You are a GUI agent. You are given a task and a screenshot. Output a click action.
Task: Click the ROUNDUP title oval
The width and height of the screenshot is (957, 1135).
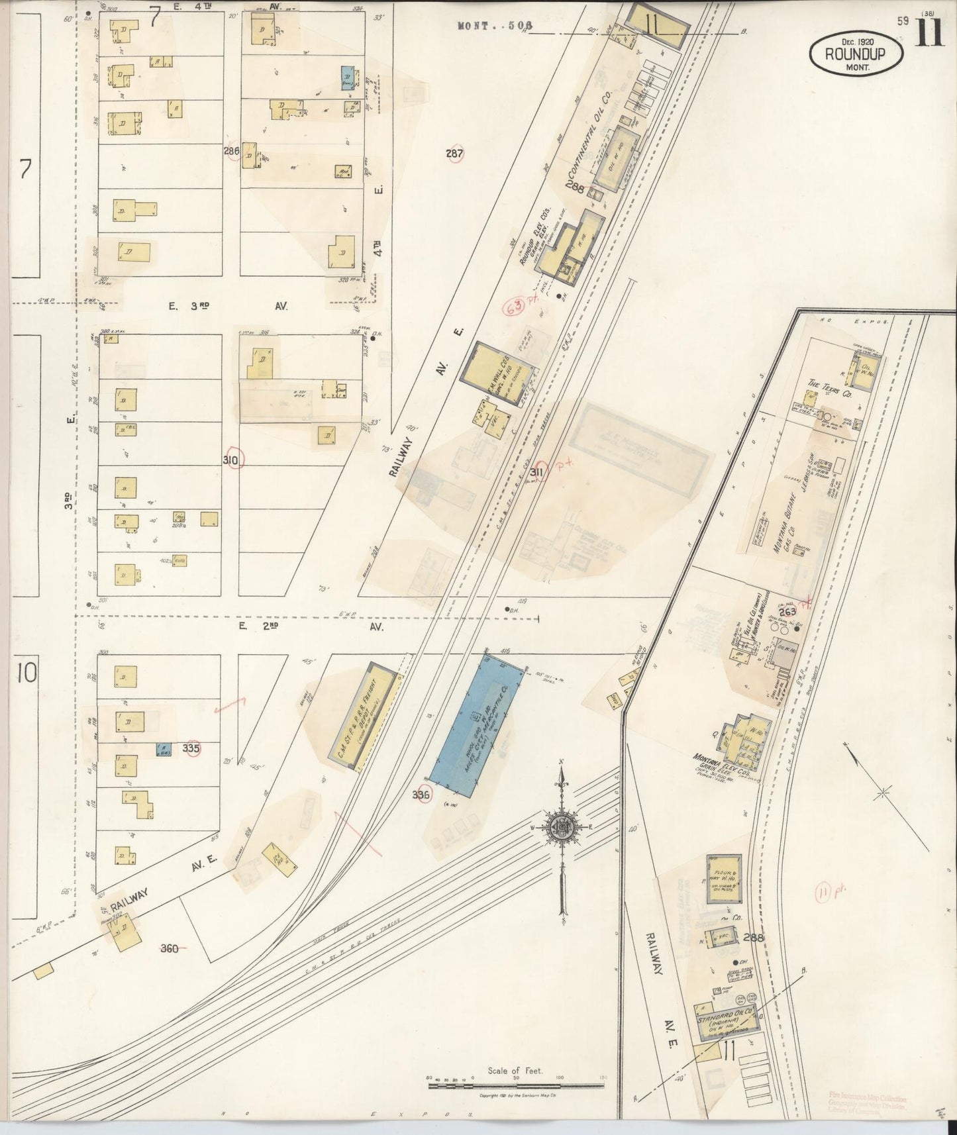click(x=855, y=52)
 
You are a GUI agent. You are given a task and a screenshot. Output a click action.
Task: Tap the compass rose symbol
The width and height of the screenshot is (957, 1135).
click(x=562, y=828)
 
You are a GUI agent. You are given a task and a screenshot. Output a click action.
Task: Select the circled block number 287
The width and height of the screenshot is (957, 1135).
click(x=454, y=154)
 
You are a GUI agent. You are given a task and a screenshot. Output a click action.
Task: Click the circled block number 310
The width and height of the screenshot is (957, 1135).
click(x=233, y=459)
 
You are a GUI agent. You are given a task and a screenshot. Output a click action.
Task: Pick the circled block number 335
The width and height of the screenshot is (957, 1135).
click(x=191, y=748)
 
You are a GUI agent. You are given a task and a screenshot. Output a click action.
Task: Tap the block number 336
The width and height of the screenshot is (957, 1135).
click(x=421, y=795)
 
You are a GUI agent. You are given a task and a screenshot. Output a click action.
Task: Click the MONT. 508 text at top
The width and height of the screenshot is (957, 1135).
click(x=495, y=26)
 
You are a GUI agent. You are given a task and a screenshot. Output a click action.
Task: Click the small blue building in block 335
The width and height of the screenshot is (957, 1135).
click(x=162, y=749)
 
